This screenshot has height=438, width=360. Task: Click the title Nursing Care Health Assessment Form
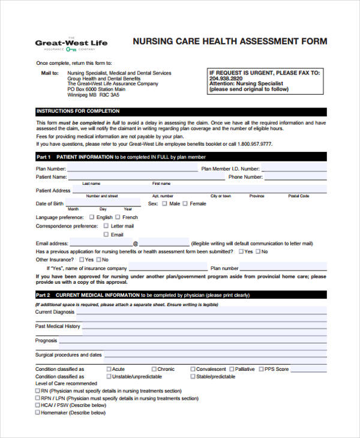(230, 41)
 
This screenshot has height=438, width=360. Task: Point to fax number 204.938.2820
(226, 78)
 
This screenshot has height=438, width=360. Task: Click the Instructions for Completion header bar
(181, 112)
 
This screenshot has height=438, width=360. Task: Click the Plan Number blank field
(132, 169)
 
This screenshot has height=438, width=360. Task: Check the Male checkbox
(164, 204)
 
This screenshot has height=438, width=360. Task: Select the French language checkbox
(118, 217)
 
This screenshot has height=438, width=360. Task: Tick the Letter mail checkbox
(106, 226)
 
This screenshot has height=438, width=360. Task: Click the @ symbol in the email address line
(135, 244)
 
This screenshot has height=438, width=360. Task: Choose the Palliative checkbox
(231, 369)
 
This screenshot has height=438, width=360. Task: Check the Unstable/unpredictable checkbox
(109, 376)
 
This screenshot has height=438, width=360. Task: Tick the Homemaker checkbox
(38, 412)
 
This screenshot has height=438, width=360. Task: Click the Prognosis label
(46, 340)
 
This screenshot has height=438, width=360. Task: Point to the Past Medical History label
(57, 326)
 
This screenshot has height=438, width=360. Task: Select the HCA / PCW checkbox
(38, 405)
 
